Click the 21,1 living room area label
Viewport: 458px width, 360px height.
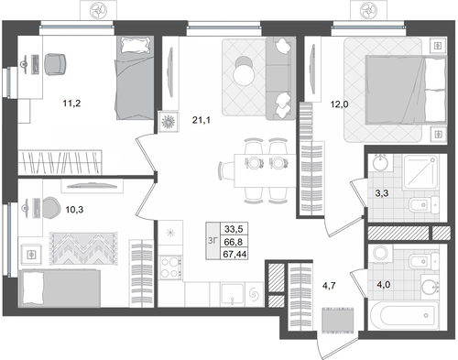(x=202, y=120)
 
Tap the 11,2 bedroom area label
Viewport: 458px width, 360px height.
(x=71, y=104)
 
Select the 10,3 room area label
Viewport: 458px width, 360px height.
(x=74, y=210)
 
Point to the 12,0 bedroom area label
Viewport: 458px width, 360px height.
(x=339, y=104)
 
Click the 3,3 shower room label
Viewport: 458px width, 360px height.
(x=382, y=193)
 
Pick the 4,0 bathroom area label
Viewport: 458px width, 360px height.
(x=384, y=285)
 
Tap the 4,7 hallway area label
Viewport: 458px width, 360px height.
(x=329, y=286)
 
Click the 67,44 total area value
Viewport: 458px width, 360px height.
(x=234, y=254)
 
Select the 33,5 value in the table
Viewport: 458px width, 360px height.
(x=234, y=228)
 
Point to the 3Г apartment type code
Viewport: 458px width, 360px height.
(x=213, y=241)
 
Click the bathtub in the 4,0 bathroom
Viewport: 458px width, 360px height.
(x=404, y=315)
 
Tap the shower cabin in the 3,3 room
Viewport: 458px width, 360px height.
(x=420, y=172)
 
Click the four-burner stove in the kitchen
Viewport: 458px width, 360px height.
(x=171, y=267)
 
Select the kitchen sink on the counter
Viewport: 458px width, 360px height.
(x=233, y=294)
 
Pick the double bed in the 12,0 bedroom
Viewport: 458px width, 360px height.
(x=405, y=90)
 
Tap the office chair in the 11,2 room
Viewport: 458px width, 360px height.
(x=55, y=64)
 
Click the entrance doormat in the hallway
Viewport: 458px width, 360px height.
(x=338, y=321)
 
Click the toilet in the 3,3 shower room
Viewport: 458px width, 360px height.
(x=424, y=204)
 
